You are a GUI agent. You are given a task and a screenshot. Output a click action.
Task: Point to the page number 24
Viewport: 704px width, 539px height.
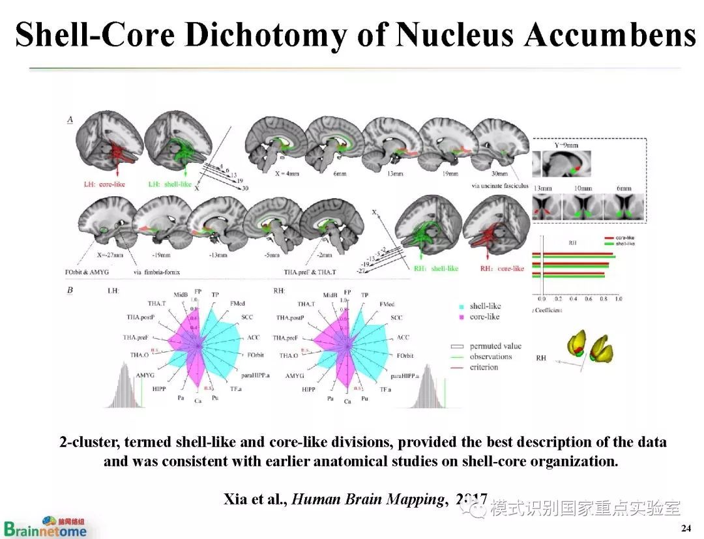[686, 527]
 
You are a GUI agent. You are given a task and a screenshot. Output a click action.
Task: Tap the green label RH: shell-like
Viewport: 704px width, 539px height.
[435, 269]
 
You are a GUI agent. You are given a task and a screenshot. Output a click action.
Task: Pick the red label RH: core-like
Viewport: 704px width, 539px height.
[502, 269]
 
